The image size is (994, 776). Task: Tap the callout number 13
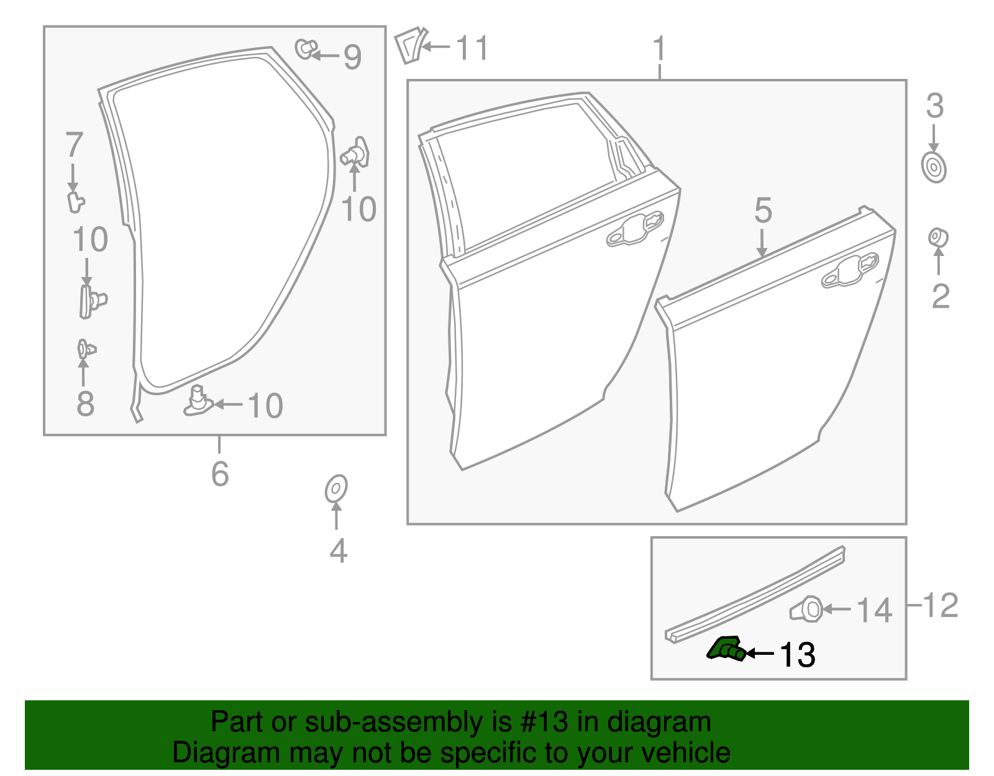coord(797,655)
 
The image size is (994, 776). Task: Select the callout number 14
coord(875,610)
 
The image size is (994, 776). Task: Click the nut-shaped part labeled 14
coord(808,609)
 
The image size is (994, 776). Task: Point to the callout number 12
coord(941,605)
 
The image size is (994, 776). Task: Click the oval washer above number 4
coord(336,489)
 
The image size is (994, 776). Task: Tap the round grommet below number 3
coord(934,167)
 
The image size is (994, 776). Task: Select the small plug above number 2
coord(937,237)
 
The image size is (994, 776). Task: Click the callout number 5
coord(763,211)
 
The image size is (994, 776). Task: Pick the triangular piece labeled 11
coord(409,45)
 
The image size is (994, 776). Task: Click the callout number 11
coord(472,48)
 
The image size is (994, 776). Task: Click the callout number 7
coord(74,145)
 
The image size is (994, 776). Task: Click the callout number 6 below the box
coord(220,474)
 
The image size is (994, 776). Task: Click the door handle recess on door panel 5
coord(850,271)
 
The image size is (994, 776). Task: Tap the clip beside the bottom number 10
coord(198,401)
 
